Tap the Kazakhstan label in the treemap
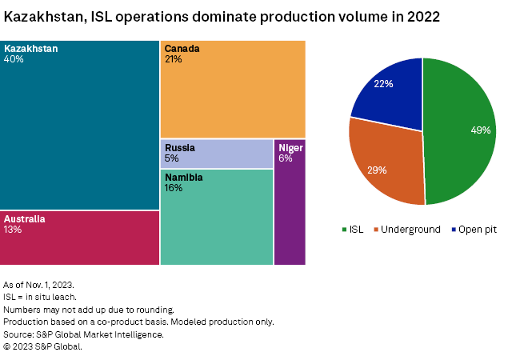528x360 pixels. [x=30, y=49]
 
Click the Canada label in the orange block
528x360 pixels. [x=182, y=49]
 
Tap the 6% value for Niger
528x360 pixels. [x=285, y=158]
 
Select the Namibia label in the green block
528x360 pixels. [x=184, y=177]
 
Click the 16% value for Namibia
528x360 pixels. [x=174, y=188]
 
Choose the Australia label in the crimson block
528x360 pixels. [x=25, y=218]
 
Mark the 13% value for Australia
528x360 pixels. [x=13, y=230]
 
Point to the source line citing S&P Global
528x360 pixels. [x=83, y=334]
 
